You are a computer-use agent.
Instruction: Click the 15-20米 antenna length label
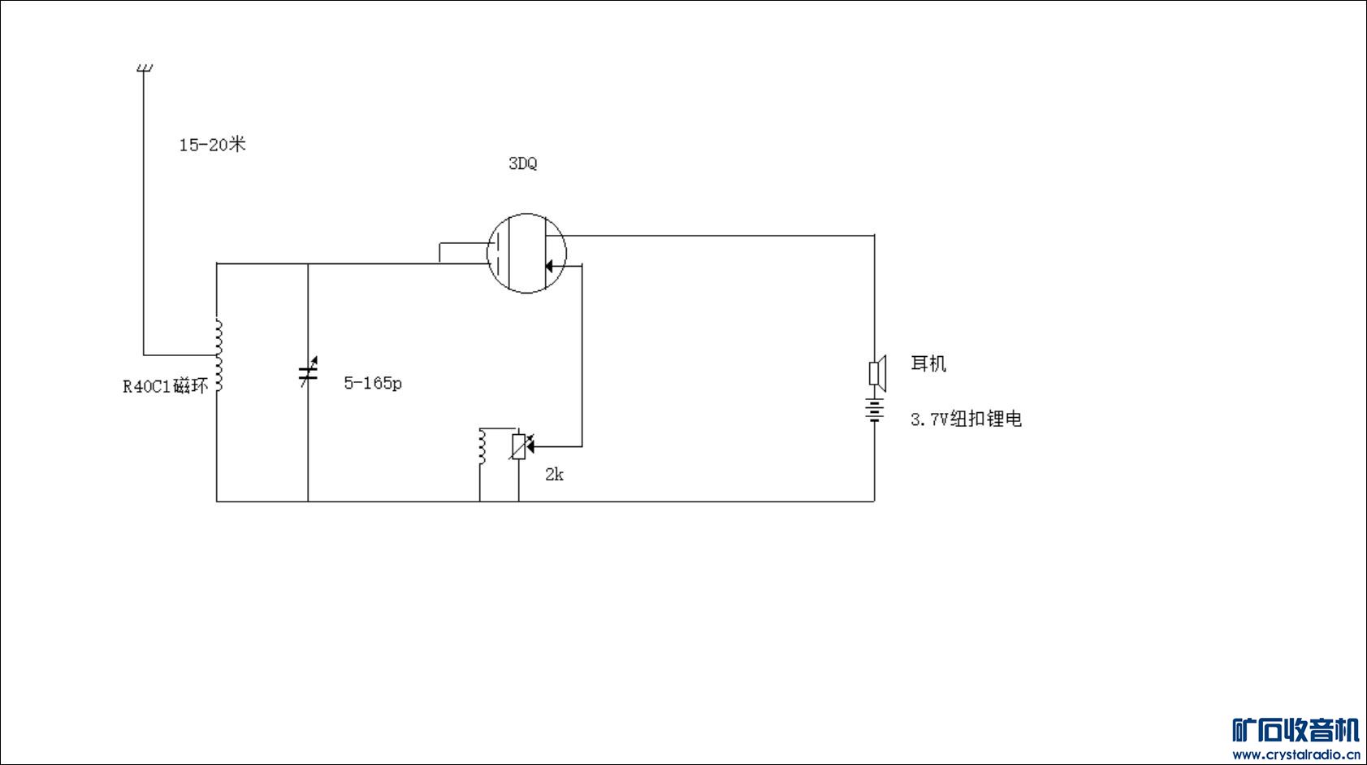(212, 145)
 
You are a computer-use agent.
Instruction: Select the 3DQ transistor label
(522, 163)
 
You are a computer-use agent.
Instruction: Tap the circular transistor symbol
(526, 253)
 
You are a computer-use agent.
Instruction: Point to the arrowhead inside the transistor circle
(550, 266)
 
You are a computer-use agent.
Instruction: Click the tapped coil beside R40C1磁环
(218, 355)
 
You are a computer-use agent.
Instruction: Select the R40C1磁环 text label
(166, 386)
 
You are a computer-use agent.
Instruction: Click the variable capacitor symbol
(307, 373)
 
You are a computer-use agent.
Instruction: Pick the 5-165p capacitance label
(373, 383)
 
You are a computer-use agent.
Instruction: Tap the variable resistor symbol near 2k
(518, 447)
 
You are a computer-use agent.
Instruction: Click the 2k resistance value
(554, 475)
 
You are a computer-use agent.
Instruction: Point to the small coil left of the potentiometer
(482, 447)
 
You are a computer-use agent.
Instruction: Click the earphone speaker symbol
(876, 373)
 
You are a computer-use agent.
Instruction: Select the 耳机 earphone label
(928, 363)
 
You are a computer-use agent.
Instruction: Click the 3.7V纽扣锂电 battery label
(966, 419)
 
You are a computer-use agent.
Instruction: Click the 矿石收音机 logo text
(1296, 730)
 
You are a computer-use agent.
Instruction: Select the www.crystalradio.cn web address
(1296, 754)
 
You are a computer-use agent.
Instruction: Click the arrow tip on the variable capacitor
(314, 359)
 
